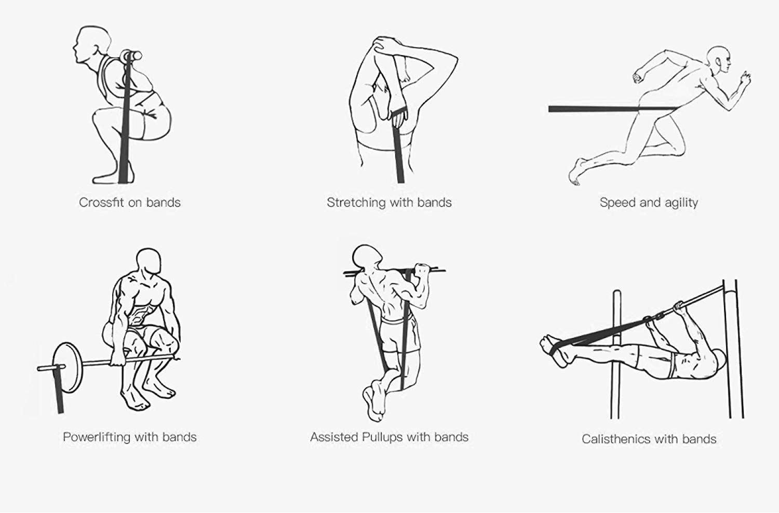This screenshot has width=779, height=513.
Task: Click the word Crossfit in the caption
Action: coord(101,203)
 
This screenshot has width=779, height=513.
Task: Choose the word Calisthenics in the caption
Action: coord(617,439)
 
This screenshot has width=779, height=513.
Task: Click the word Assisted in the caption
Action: coord(334,437)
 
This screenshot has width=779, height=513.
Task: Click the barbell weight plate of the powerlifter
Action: coord(68,368)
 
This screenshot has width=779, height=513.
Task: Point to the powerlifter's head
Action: coord(149,261)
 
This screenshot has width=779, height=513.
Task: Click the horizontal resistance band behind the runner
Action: coord(612,109)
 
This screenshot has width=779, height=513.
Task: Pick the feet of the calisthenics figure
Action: coord(554,350)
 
